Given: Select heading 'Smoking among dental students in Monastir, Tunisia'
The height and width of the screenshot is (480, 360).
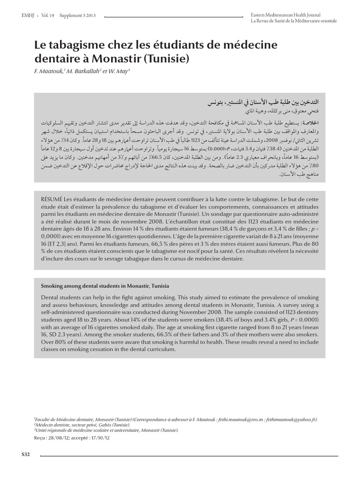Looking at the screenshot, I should point(105,285).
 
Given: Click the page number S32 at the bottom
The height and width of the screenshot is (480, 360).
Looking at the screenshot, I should point(26,455).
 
